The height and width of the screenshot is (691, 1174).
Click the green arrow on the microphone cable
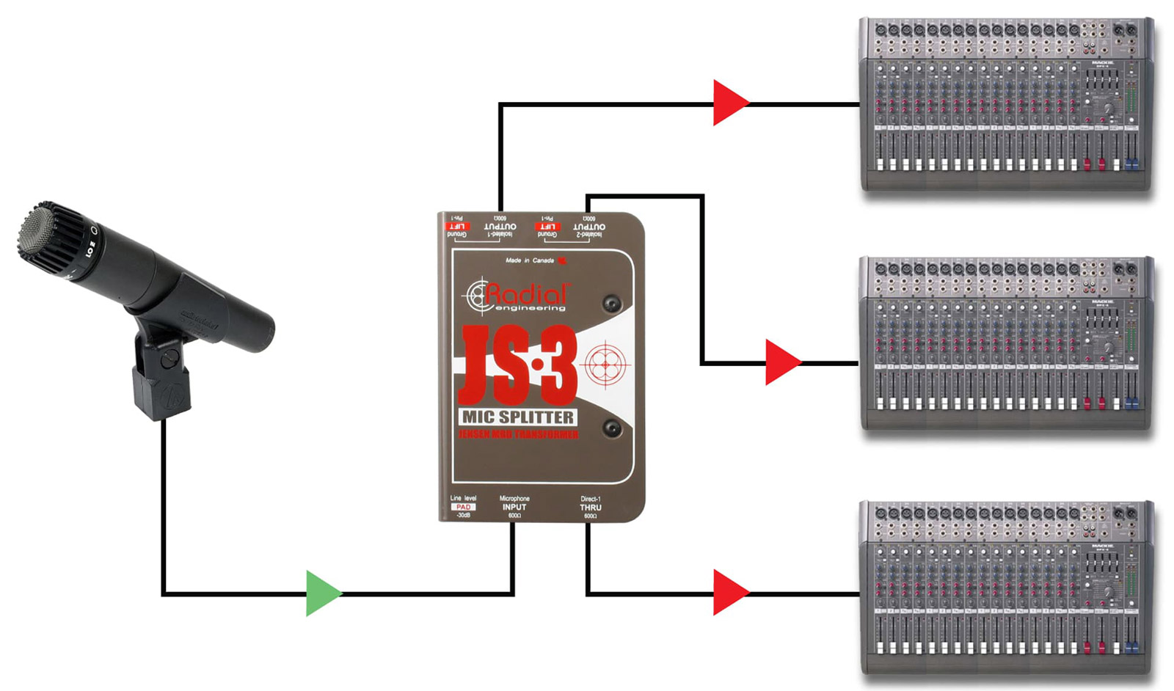pos(322,593)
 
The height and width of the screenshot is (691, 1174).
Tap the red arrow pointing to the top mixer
pos(729,103)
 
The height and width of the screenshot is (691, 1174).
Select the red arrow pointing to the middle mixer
pos(781,362)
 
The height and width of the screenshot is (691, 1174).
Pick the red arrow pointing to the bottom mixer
pos(729,593)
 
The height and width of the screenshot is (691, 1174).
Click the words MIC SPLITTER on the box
pos(518,417)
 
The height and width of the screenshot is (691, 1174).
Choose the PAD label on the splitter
pos(463,507)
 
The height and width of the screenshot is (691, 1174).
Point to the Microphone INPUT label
pos(514,507)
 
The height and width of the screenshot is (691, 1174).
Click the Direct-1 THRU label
pos(591,507)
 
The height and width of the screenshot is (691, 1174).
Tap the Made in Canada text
pos(530,260)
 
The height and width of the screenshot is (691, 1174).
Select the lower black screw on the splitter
pos(611,428)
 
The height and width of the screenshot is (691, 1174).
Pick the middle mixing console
pos(1005,343)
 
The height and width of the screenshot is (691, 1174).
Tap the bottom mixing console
pos(1005,587)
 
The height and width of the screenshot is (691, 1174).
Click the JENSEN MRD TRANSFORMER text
pos(518,435)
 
